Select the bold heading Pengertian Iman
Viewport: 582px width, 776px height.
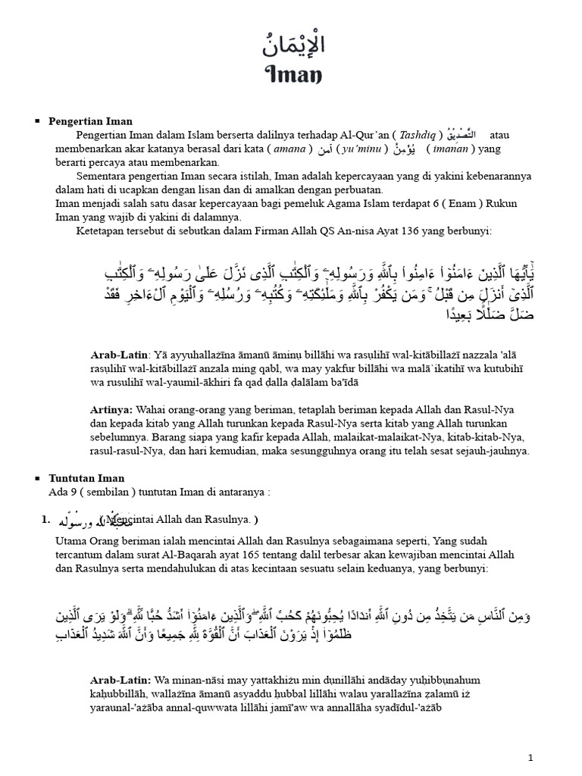(90, 121)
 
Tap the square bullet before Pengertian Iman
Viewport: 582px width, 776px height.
(37, 121)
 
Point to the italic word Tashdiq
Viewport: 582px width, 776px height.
(418, 135)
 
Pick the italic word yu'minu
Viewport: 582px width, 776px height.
(365, 149)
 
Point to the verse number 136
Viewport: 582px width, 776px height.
(430, 231)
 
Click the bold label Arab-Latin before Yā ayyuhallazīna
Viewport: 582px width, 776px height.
(119, 354)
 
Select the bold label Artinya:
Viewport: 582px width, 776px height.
(113, 409)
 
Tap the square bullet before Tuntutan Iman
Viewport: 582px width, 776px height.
(37, 479)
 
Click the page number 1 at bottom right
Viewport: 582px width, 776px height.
(531, 757)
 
